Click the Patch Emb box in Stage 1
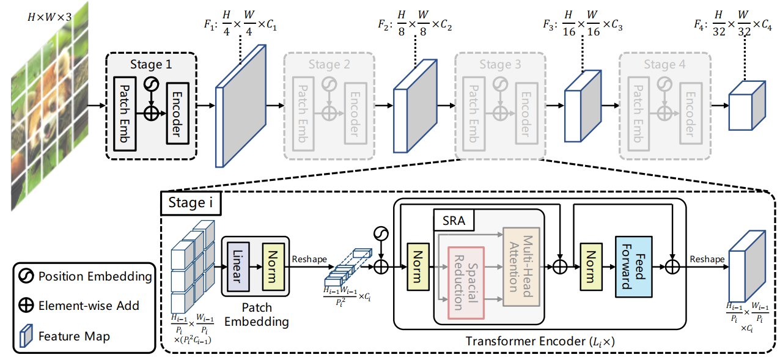pyautogui.click(x=125, y=114)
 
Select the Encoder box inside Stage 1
pyautogui.click(x=178, y=114)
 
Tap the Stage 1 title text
pyautogui.click(x=151, y=64)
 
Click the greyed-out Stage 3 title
pyautogui.click(x=500, y=64)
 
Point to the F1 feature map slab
pyautogui.click(x=241, y=106)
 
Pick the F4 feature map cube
pyautogui.click(x=747, y=106)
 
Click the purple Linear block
pyautogui.click(x=238, y=266)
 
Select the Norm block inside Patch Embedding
pyautogui.click(x=273, y=266)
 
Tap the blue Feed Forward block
pyautogui.click(x=634, y=266)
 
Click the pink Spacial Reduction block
pyautogui.click(x=466, y=283)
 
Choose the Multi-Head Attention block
pyautogui.click(x=521, y=267)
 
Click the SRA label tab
pyautogui.click(x=454, y=221)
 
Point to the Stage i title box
pyautogui.click(x=191, y=203)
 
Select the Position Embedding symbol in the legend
pyautogui.click(x=26, y=276)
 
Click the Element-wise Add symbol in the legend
pyautogui.click(x=26, y=306)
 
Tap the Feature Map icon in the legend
pyautogui.click(x=26, y=336)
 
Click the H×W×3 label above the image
pyautogui.click(x=50, y=17)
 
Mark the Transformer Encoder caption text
pyautogui.click(x=540, y=342)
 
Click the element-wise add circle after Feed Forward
pyautogui.click(x=672, y=267)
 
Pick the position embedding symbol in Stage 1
pyautogui.click(x=152, y=84)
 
